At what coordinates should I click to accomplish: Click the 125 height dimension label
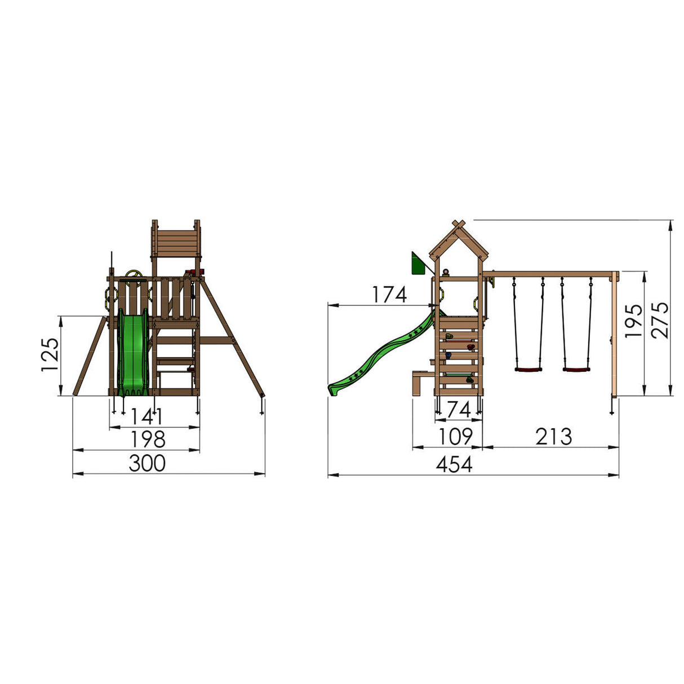[50, 355]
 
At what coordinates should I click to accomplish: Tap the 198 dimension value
[148, 439]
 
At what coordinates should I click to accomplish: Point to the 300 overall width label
[147, 463]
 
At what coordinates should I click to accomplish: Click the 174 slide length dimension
[389, 295]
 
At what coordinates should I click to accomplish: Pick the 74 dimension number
[458, 410]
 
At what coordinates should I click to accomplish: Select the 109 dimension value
[455, 436]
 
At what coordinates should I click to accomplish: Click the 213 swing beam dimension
[553, 436]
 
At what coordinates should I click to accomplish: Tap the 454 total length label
[454, 464]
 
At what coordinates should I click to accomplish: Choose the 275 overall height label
[660, 319]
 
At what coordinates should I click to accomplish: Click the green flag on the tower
[418, 264]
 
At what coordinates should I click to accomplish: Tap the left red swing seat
[528, 370]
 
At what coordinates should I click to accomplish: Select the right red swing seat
[576, 370]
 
